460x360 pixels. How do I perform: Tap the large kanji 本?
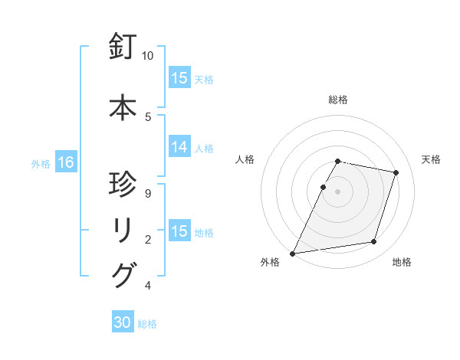click(x=123, y=107)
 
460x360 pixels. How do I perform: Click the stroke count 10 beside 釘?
click(x=148, y=56)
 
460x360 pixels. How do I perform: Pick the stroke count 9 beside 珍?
click(x=148, y=194)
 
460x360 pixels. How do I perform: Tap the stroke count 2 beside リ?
click(x=148, y=240)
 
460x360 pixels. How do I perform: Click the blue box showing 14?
click(x=179, y=148)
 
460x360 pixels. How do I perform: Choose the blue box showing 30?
click(x=123, y=323)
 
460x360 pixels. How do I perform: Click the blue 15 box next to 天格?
click(x=179, y=78)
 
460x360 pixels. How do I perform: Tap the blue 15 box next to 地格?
click(x=179, y=231)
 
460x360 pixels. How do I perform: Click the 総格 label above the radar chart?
click(x=338, y=100)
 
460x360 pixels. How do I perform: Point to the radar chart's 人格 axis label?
click(x=245, y=159)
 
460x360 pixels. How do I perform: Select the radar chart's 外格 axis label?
click(x=270, y=262)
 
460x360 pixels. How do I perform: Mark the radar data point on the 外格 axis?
click(x=293, y=253)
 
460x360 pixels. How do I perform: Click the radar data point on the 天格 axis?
click(x=396, y=173)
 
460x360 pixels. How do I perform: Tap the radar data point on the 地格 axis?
click(x=374, y=242)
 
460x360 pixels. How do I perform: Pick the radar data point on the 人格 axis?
click(x=323, y=187)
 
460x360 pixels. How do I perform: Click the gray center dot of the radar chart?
click(x=338, y=191)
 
